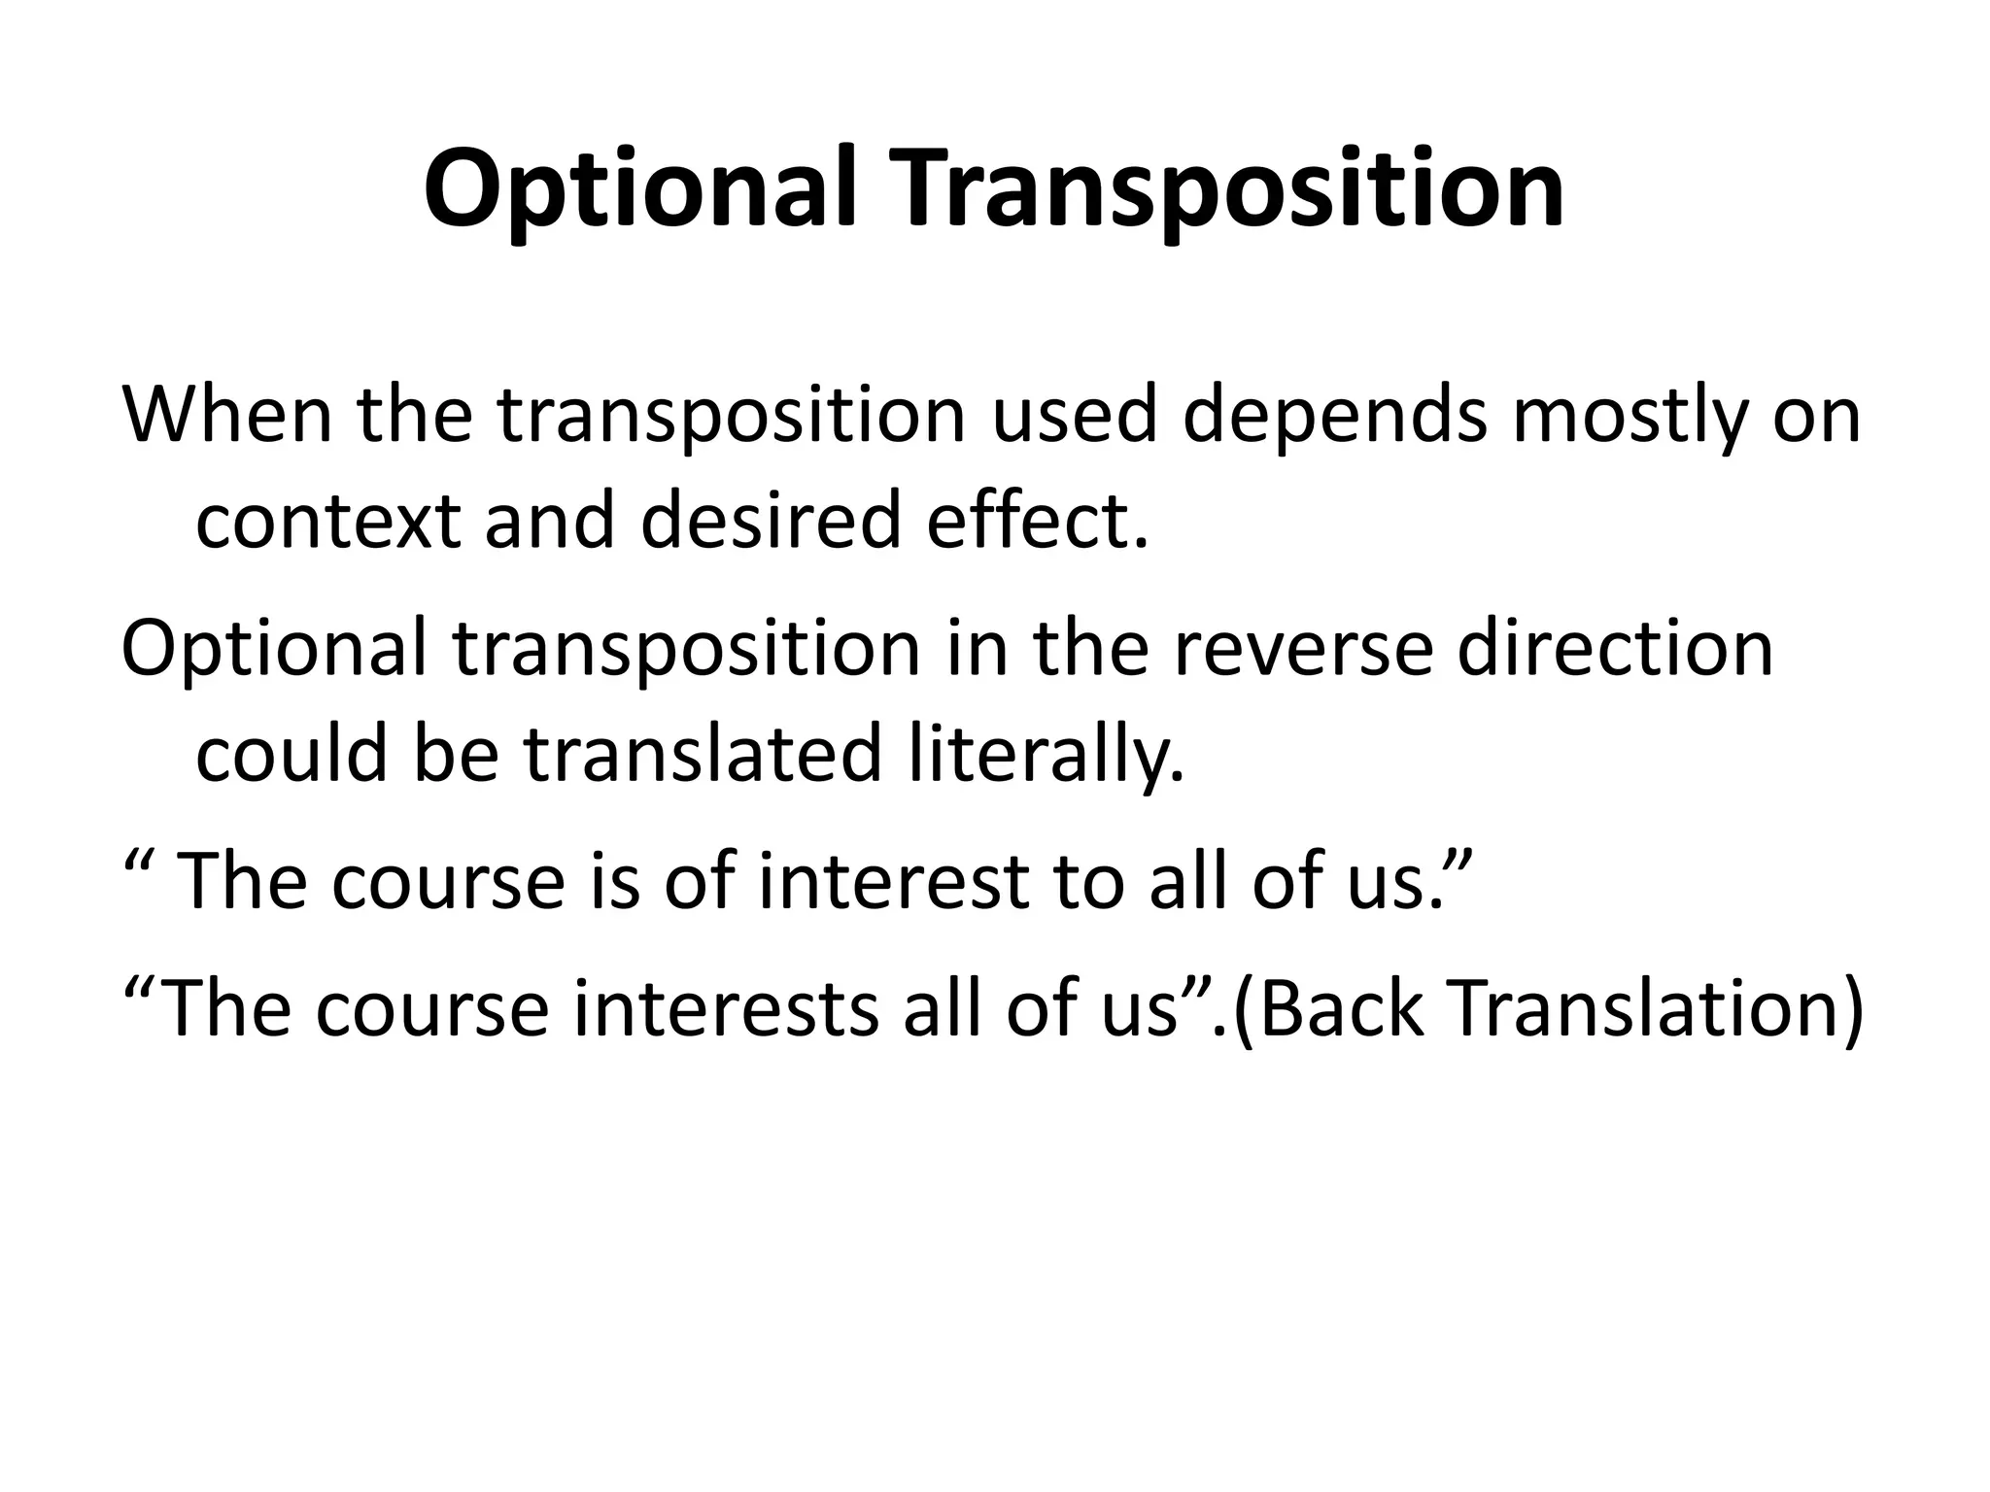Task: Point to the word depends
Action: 1335,416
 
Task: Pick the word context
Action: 327,521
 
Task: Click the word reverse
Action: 1303,648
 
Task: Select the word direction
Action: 1615,648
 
